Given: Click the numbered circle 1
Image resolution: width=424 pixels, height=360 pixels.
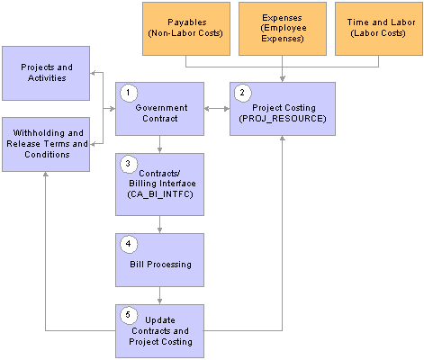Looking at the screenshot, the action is (129, 93).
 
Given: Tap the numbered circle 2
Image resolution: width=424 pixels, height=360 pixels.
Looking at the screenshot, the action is (242, 93).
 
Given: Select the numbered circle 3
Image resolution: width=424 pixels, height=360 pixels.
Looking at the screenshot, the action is (129, 164).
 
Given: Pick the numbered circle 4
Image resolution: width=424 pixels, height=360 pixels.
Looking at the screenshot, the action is (129, 244).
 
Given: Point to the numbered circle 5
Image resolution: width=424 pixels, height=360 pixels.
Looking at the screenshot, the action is (129, 315).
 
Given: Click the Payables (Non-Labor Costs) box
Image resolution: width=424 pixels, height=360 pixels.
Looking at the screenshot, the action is (186, 29).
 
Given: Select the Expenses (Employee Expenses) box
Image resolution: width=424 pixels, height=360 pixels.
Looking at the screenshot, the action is (283, 29).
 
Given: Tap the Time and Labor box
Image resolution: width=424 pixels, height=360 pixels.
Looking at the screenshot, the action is (379, 29).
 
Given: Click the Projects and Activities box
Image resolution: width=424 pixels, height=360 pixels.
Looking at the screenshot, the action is (46, 73).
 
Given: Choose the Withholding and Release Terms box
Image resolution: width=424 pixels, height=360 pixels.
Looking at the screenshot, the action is (46, 144).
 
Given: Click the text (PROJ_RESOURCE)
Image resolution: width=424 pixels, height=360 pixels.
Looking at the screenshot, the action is (283, 119).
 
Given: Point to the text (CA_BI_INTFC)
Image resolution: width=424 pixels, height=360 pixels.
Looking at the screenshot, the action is (160, 194).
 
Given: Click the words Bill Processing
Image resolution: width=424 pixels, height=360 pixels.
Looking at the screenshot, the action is (160, 265).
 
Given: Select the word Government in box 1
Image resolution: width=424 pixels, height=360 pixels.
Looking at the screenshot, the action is (161, 108).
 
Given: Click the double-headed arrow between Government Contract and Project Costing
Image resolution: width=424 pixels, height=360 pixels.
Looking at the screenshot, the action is (217, 109).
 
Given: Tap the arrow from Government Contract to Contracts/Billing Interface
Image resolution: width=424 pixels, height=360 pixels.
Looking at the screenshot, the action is (159, 144).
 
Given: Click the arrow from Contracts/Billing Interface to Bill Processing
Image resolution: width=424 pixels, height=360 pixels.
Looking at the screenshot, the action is (159, 224).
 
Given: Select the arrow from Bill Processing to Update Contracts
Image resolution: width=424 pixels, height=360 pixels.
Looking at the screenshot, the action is (159, 295).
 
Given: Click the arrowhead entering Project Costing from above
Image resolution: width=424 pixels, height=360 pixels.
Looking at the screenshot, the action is (283, 78).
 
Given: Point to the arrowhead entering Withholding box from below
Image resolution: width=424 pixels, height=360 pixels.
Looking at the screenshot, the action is (46, 175).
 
